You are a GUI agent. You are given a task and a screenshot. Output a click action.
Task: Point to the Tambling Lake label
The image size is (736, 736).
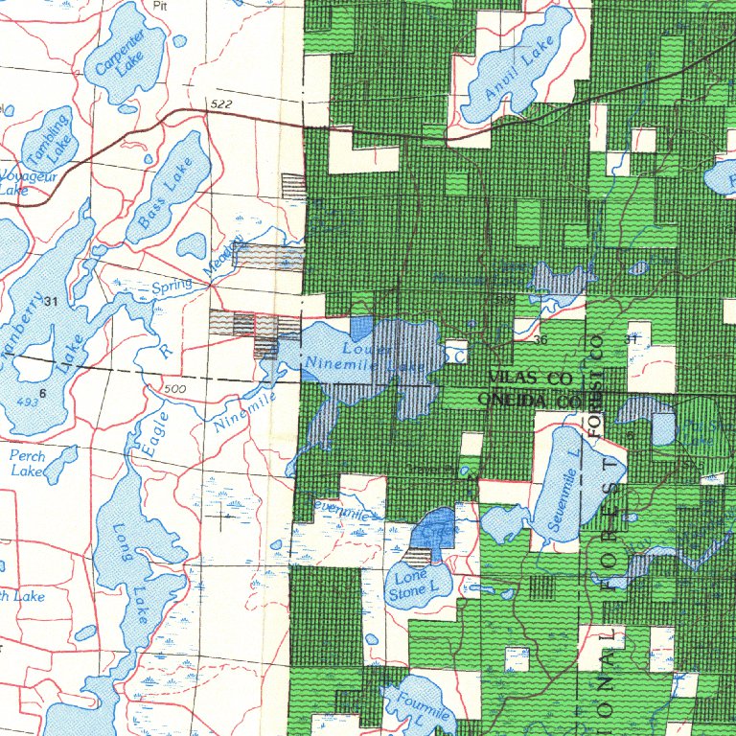[x=48, y=137]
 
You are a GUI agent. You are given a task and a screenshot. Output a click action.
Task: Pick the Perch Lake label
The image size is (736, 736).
[x=28, y=464]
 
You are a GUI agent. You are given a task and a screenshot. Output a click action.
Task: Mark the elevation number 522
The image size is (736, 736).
[x=219, y=103]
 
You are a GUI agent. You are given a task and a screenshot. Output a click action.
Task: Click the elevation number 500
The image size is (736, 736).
[x=175, y=389]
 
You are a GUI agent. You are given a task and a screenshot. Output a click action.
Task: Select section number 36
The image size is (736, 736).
[x=540, y=340]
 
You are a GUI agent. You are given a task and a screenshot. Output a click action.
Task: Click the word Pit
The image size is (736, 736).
[x=159, y=5]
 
